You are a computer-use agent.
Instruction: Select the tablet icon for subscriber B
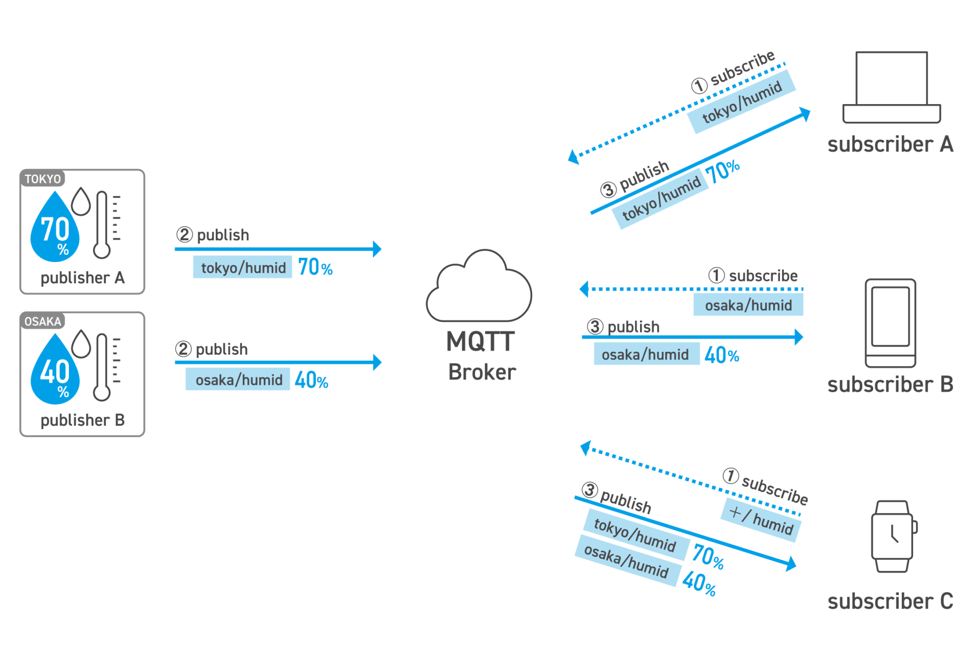pos(890,323)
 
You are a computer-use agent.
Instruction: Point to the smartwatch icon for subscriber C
pos(894,536)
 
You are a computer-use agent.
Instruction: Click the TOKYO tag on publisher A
pos(43,179)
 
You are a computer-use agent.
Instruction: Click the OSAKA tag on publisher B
pos(43,321)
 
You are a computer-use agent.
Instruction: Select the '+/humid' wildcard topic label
pos(761,520)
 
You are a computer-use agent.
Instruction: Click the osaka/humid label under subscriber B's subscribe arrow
pos(748,305)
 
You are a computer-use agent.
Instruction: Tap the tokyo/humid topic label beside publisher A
pos(243,267)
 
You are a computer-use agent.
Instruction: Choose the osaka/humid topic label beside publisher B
pos(238,379)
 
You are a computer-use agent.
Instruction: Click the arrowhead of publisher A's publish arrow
pos(377,249)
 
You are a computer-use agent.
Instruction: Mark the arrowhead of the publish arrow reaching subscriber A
pos(805,114)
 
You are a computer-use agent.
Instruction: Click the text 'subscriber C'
pos(890,602)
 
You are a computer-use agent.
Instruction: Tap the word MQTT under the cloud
pos(480,341)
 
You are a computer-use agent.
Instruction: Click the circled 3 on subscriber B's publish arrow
pos(595,327)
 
